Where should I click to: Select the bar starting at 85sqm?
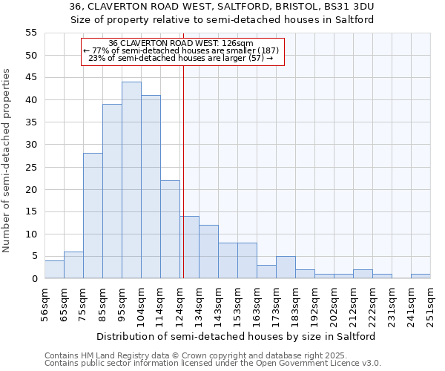click(112, 191)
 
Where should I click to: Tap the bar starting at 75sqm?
click(93, 216)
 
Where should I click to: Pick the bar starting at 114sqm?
click(170, 229)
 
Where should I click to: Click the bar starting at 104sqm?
click(151, 187)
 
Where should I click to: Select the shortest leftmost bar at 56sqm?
click(54, 270)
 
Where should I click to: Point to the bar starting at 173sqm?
click(286, 268)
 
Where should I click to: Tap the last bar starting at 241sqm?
click(421, 277)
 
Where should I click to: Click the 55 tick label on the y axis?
click(30, 33)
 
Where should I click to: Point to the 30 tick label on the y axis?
click(30, 145)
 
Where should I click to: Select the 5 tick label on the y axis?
click(33, 257)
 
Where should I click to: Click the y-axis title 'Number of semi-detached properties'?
click(7, 160)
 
